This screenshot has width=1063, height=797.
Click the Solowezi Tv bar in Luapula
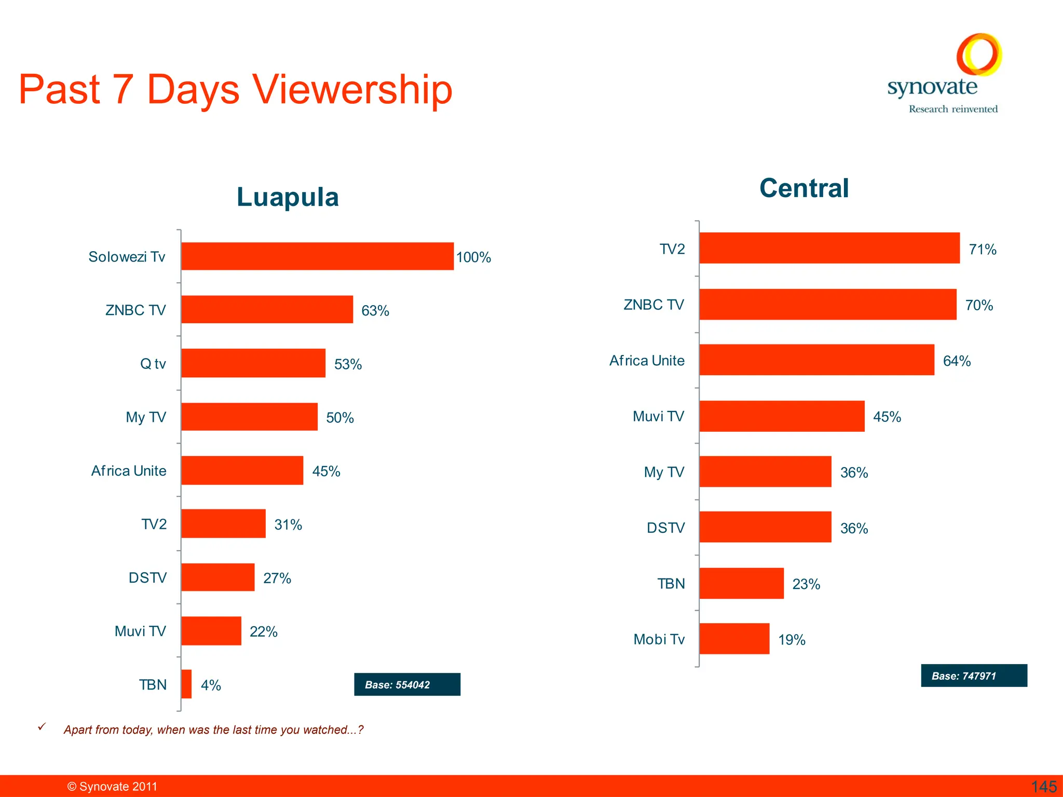317,256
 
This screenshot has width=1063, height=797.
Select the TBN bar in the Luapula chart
186,684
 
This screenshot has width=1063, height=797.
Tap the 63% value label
375,311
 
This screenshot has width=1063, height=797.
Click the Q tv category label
153,364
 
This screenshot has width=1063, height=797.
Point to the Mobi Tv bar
734,639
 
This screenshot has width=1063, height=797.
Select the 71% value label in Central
983,250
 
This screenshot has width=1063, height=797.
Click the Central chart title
804,188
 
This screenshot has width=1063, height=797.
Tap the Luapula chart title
288,197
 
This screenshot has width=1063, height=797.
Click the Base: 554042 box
407,684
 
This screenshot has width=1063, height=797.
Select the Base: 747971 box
974,676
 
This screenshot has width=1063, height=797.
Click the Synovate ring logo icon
979,54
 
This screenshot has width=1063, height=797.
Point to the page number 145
1043,787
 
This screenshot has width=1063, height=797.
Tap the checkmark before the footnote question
42,727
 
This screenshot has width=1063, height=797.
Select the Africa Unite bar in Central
816,360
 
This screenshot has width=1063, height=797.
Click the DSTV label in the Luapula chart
147,578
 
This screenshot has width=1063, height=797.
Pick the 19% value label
792,640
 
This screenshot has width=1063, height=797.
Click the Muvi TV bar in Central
782,416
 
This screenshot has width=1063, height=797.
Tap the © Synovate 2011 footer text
112,787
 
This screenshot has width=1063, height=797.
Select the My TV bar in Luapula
249,417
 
